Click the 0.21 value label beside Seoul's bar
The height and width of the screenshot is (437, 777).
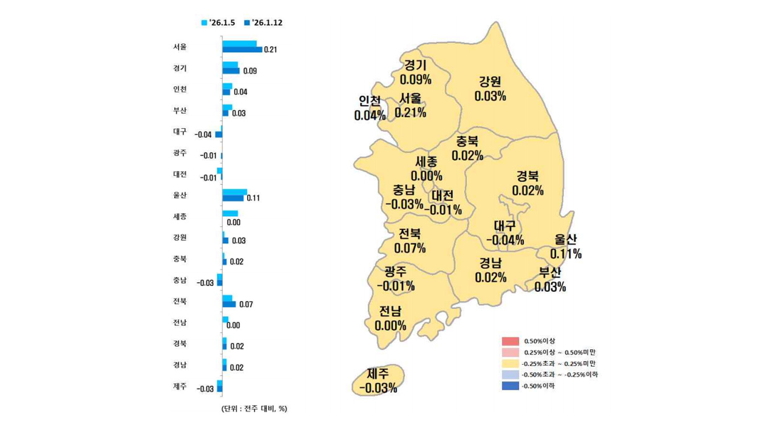click(271, 50)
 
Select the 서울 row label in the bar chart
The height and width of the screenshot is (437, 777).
click(180, 47)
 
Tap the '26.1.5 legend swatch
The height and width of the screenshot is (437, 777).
click(205, 23)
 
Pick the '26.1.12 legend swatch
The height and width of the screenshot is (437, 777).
click(247, 23)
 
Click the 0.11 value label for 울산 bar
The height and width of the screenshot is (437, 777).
click(253, 198)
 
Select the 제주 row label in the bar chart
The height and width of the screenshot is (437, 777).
click(180, 386)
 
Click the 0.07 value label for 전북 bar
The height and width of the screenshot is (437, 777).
click(246, 304)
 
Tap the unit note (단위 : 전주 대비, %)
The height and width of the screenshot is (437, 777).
click(254, 408)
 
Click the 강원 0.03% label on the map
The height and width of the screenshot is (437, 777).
click(490, 89)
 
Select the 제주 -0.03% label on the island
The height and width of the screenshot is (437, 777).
click(378, 381)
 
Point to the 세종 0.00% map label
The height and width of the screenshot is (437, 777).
click(426, 169)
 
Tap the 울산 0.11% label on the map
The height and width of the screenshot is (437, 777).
click(566, 246)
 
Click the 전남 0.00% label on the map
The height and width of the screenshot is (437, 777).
click(390, 318)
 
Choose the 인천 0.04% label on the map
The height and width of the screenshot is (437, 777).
click(370, 107)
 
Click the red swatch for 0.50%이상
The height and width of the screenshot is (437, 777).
click(510, 341)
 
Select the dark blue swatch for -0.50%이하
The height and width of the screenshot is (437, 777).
click(510, 385)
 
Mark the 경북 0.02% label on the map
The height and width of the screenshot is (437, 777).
click(528, 183)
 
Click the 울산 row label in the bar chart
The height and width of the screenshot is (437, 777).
click(180, 195)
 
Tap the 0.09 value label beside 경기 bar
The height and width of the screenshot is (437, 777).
click(249, 71)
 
